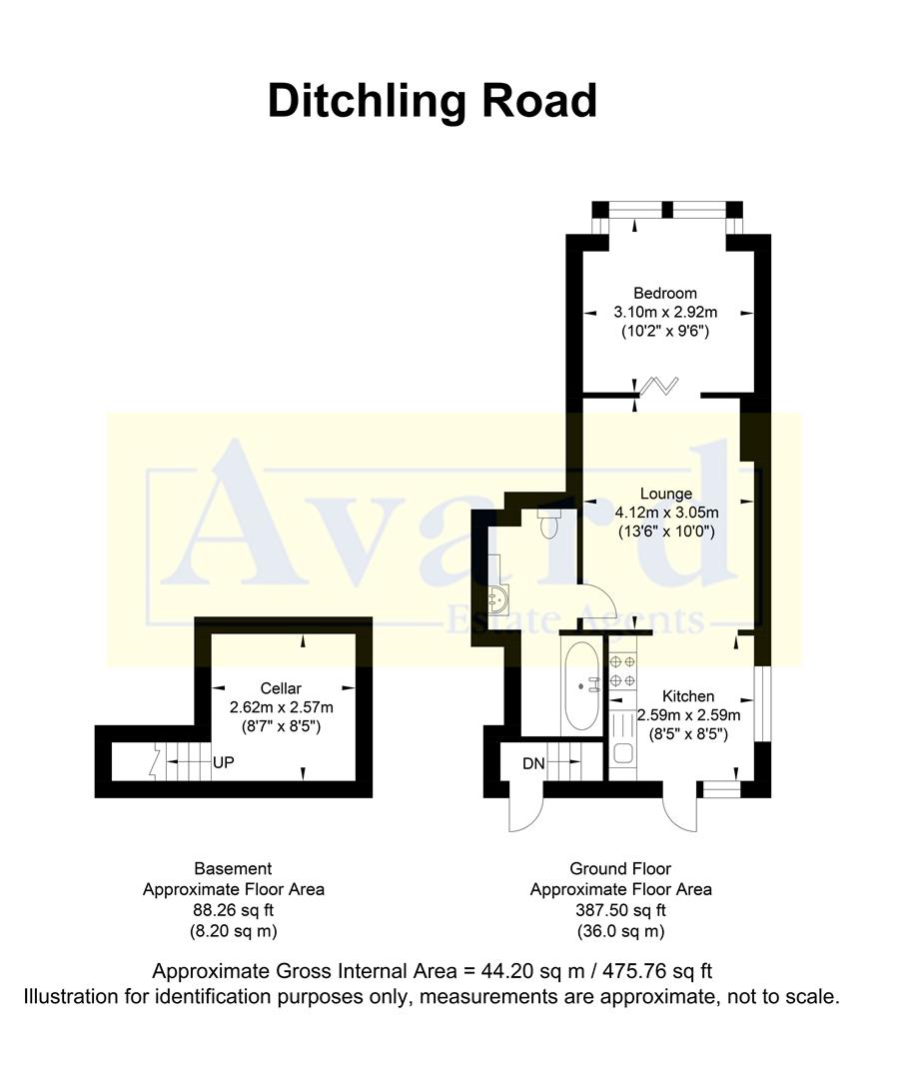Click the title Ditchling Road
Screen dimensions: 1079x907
[433, 102]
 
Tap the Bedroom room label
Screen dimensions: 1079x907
[665, 294]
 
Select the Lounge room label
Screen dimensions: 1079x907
[666, 494]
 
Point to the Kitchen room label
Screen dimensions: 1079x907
[688, 696]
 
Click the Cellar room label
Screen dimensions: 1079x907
[281, 688]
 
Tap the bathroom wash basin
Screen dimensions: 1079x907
[499, 599]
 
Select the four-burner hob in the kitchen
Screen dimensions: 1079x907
[622, 670]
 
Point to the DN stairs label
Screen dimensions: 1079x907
[533, 764]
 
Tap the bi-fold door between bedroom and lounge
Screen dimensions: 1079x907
[660, 386]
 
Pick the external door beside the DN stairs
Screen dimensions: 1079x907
[522, 811]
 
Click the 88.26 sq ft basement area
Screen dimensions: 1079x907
[233, 910]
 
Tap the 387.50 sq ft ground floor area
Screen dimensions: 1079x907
[620, 910]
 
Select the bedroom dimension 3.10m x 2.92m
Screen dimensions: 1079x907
[665, 313]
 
